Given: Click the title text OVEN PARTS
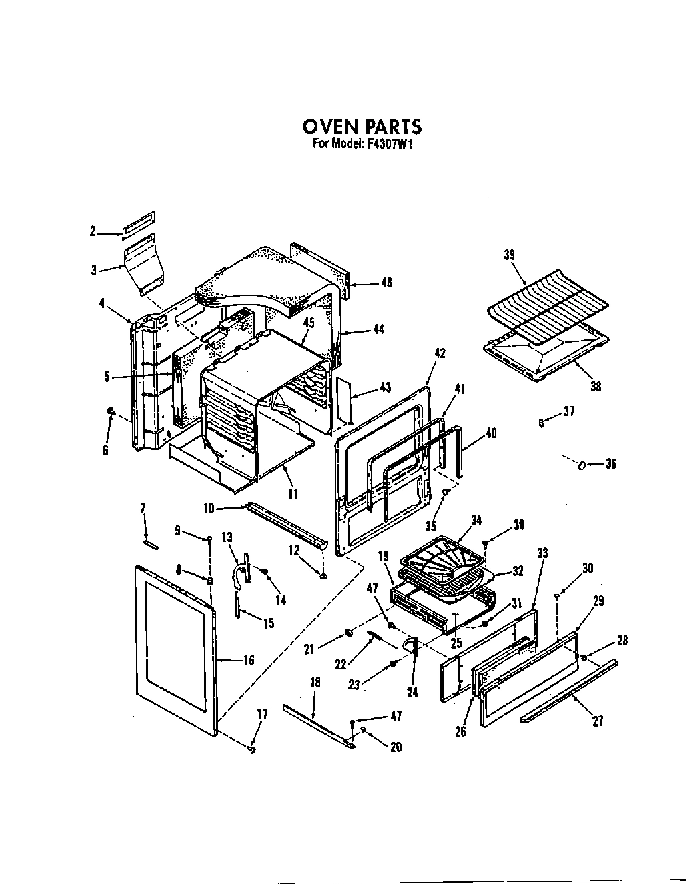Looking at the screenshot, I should tap(362, 127).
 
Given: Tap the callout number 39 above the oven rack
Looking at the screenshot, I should tap(510, 255).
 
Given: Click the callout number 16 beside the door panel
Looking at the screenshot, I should tap(248, 661).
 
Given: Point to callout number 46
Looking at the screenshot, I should tap(386, 283).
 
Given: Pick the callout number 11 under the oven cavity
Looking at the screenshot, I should tap(293, 494).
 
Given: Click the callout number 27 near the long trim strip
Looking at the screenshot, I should tap(598, 721).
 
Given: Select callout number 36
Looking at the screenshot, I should tap(610, 465).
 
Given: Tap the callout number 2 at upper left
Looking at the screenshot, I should tap(93, 231).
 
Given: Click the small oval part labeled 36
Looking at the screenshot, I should tap(582, 465).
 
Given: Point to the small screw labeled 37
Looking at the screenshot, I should tap(541, 421).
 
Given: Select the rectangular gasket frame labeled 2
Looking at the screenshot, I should tap(139, 225).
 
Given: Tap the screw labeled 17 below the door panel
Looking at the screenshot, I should tap(252, 749).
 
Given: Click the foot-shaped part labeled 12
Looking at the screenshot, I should tap(323, 575).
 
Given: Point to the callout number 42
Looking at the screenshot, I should tap(440, 353).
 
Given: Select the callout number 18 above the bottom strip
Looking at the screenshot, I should tap(315, 682).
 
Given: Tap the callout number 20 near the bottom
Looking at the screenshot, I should tap(396, 747).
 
